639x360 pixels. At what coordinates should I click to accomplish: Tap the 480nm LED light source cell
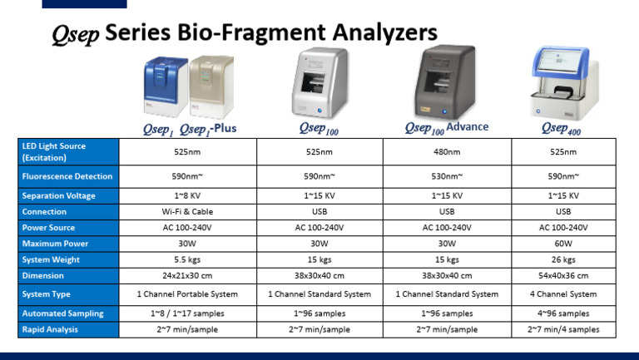[446, 152]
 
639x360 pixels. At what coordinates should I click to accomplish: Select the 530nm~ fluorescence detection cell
[446, 176]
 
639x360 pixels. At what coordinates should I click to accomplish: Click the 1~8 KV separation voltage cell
[187, 196]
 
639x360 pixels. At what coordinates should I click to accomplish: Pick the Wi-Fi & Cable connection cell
[187, 212]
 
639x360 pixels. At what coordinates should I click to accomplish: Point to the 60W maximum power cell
[563, 244]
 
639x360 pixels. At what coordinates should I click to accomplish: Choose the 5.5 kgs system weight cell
[187, 259]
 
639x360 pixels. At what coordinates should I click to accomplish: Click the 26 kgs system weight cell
[563, 259]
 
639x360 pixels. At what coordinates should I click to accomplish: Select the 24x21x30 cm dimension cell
[187, 276]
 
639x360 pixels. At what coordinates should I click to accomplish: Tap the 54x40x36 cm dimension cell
[563, 276]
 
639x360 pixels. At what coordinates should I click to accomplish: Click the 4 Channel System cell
[563, 294]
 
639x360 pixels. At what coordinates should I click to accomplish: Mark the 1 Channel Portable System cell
[187, 294]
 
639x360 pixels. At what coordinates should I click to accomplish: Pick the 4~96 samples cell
[563, 313]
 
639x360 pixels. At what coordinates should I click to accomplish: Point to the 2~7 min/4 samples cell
[563, 329]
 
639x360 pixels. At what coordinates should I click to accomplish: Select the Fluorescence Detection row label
[66, 176]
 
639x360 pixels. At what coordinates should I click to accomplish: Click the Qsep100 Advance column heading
[446, 128]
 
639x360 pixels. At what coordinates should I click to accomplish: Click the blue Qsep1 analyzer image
[162, 85]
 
